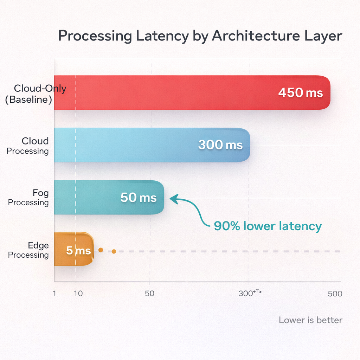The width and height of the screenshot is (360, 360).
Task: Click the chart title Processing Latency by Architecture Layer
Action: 200,36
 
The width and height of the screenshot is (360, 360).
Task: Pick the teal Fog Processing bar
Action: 88,197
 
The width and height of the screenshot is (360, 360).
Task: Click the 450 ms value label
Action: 300,93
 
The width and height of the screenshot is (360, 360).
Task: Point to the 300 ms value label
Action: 220,145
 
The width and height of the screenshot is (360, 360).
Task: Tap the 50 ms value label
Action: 138,198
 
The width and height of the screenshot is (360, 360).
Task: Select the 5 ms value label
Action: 78,251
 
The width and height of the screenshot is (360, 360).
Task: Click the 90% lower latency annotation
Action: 268,226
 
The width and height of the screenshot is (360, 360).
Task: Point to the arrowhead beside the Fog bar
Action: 173,199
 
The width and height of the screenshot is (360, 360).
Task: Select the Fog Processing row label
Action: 28,198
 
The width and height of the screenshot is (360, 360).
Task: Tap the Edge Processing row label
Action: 28,250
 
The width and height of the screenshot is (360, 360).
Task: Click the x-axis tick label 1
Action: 54,294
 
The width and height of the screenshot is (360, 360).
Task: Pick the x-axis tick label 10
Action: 78,294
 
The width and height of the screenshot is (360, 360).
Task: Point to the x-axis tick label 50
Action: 150,294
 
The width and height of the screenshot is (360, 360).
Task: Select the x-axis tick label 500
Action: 335,294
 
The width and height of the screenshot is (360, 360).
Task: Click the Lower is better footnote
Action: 310,320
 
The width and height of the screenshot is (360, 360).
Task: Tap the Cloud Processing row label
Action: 28,146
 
